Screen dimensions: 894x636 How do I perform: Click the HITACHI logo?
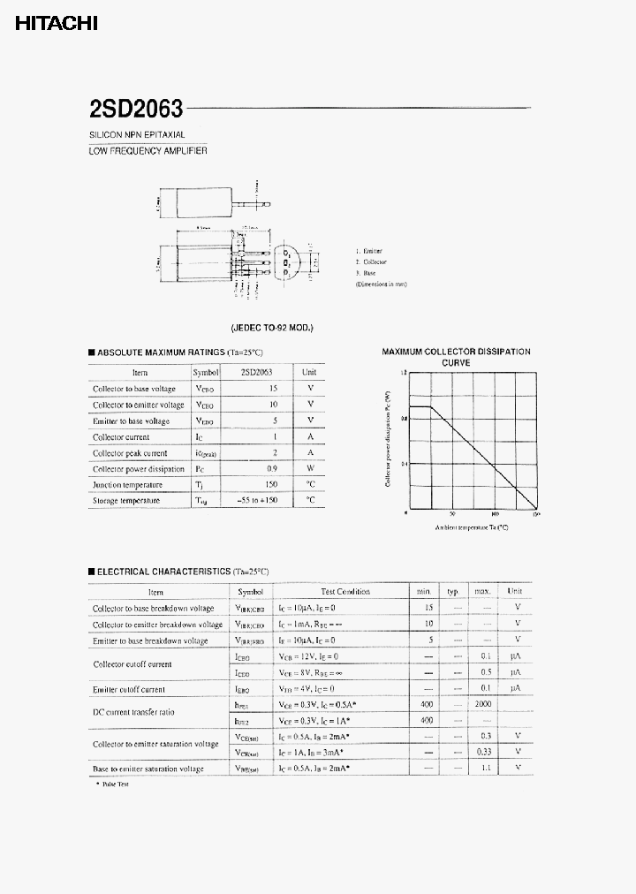pos(57,25)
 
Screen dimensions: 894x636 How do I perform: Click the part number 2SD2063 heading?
pos(136,109)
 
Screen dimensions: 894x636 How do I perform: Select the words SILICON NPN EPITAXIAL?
pos(136,135)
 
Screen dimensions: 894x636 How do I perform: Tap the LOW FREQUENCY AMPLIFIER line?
pos(148,151)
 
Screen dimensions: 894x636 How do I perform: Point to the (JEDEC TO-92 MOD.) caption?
pos(272,328)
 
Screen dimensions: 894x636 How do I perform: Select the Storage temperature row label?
pos(126,501)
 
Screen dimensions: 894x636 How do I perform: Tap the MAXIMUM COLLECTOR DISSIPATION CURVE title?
pos(456,357)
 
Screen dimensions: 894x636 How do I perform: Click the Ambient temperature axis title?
pos(472,527)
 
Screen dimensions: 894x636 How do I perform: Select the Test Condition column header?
pos(345,592)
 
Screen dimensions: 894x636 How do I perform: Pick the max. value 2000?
pos(482,705)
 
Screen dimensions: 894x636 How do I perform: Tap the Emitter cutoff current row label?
pos(129,689)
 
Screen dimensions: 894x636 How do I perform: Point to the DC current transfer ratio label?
pos(133,712)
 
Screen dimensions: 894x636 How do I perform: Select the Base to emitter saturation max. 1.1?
pos(483,769)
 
